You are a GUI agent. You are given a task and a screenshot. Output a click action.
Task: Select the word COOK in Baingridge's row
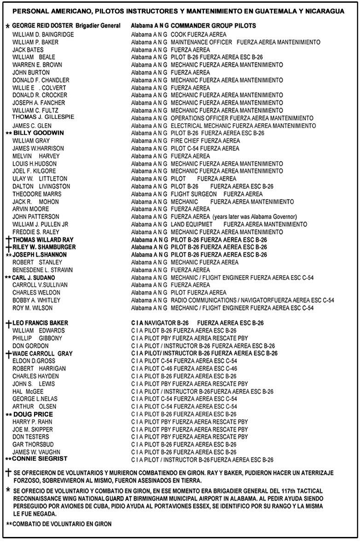tap(178, 35)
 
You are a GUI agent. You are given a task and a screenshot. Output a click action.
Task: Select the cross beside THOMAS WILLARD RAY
tap(8, 239)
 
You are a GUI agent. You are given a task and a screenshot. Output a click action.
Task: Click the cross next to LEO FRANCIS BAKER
tap(8, 323)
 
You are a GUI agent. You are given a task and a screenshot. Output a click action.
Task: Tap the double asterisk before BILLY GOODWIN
tap(8, 133)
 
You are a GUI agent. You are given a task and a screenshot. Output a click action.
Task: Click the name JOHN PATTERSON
tap(35, 217)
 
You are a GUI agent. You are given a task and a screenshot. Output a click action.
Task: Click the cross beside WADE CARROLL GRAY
tap(8, 353)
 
